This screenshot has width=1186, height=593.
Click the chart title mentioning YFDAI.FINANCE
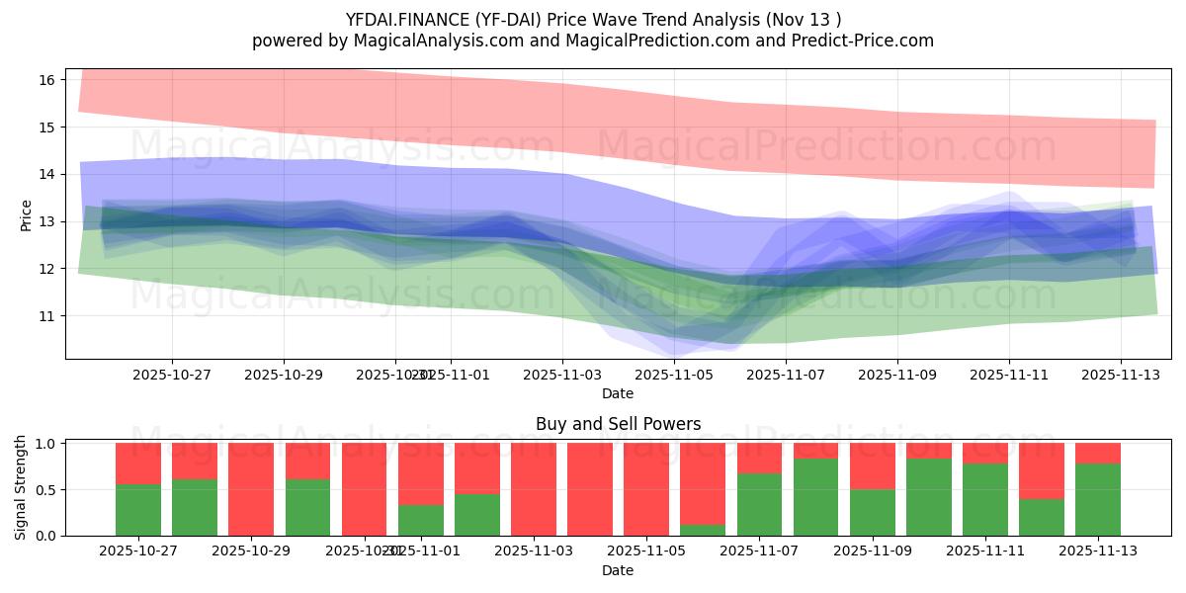pyautogui.click(x=592, y=20)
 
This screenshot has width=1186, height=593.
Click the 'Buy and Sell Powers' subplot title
pyautogui.click(x=618, y=424)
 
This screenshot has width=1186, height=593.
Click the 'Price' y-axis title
pyautogui.click(x=26, y=214)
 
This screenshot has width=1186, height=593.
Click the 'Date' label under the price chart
pyautogui.click(x=618, y=393)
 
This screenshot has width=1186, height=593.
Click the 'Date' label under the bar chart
pyautogui.click(x=618, y=570)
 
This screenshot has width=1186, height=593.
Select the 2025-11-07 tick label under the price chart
pyautogui.click(x=786, y=375)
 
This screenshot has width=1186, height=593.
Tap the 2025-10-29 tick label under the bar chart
pyautogui.click(x=251, y=551)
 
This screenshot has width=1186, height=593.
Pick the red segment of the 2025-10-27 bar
pyautogui.click(x=138, y=463)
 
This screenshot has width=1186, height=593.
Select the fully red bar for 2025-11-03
pyautogui.click(x=534, y=489)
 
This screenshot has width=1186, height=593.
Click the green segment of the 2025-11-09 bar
pyautogui.click(x=873, y=512)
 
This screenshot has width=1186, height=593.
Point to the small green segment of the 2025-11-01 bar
pyautogui.click(x=421, y=520)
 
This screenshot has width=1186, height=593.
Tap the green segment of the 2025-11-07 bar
pyautogui.click(x=759, y=504)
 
